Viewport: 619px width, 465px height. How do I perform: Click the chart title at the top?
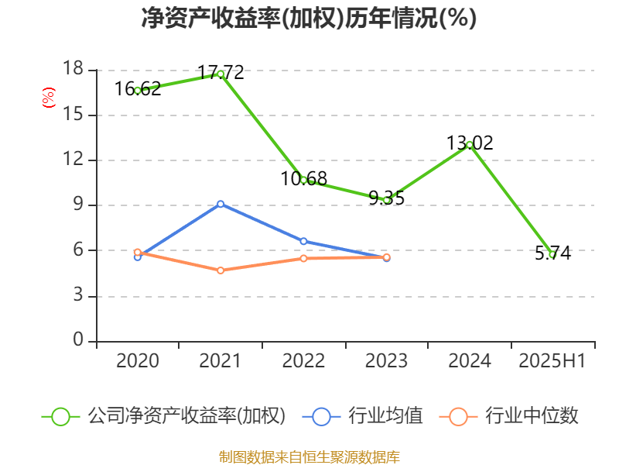tap(309, 19)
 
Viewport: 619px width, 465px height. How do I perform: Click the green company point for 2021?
tap(221, 74)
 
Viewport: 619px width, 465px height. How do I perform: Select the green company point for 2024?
tap(470, 145)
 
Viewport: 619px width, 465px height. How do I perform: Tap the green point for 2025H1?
tap(552, 254)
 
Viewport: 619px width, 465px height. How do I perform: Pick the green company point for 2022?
tap(303, 180)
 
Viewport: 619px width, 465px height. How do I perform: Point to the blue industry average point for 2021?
tap(221, 204)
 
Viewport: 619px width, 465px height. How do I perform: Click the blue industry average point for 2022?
tap(303, 241)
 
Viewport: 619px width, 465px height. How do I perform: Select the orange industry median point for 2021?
tap(221, 270)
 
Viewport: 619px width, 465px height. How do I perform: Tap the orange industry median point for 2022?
tap(303, 258)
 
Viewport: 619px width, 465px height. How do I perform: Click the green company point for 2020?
tap(138, 91)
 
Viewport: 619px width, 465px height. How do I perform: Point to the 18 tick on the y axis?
tap(73, 70)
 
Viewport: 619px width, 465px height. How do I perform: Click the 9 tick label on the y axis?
tap(77, 205)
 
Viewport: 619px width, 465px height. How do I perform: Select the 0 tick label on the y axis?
tap(77, 341)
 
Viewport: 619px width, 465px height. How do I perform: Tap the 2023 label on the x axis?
tap(386, 361)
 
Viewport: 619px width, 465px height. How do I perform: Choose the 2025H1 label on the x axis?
tap(552, 361)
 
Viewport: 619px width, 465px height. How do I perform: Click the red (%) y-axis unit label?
tap(49, 98)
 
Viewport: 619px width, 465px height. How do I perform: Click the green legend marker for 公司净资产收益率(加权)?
tap(61, 416)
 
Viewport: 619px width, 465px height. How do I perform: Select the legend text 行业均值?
tap(385, 416)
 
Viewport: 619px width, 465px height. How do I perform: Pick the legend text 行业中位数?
tap(532, 416)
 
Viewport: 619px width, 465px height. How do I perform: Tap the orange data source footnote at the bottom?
tap(309, 456)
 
